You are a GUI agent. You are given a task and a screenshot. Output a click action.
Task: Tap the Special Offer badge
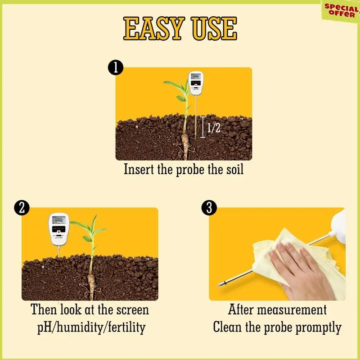tap(341, 11)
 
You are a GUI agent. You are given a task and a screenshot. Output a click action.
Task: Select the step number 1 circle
tap(116, 67)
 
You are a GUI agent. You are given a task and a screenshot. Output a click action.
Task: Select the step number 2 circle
tap(22, 208)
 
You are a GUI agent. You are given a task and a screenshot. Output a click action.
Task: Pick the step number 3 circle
tap(209, 208)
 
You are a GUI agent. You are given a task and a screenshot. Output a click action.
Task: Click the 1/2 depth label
tap(213, 129)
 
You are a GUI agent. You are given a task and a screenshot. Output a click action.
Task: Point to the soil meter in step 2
tap(58, 229)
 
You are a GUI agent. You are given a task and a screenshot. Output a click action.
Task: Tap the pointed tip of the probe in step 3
tap(220, 284)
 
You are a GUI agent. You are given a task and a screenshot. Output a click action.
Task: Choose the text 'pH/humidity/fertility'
tap(91, 327)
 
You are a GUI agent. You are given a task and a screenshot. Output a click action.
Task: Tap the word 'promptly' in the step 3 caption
tap(319, 327)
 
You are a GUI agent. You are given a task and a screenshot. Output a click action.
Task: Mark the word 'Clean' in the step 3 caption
tap(228, 327)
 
